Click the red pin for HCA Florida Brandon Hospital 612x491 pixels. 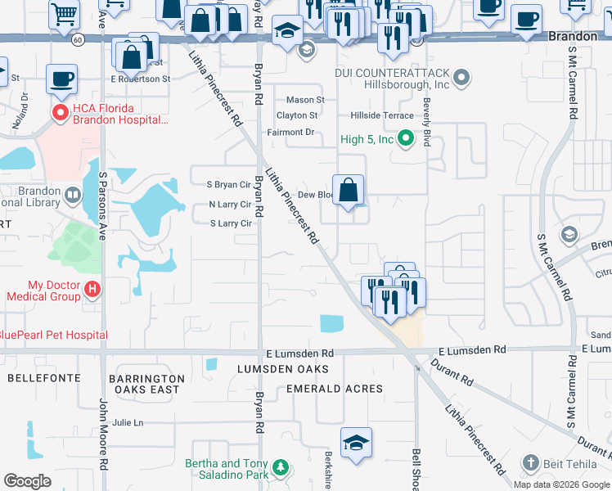click(x=59, y=113)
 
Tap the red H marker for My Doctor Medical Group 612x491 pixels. click(x=92, y=289)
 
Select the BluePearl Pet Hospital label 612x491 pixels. click(x=53, y=335)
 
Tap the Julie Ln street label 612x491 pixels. click(x=128, y=422)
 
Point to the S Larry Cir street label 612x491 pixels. click(x=230, y=223)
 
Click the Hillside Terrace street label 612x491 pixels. click(x=382, y=116)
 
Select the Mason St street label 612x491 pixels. click(x=305, y=100)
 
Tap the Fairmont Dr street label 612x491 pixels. click(x=290, y=132)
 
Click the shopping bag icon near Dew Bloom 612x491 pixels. click(x=349, y=191)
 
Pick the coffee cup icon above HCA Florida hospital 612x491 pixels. click(x=62, y=79)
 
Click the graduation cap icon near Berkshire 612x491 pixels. click(x=356, y=443)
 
